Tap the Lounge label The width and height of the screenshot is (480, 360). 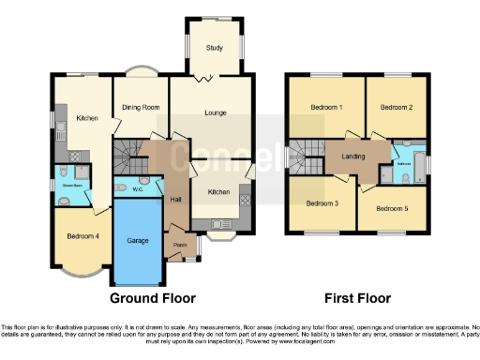coord(217,112)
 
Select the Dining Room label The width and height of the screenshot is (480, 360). coord(141,108)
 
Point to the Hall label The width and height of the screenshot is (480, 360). coord(174,199)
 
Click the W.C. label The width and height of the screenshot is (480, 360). coord(137,188)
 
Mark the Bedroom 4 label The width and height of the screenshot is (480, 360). coord(83,236)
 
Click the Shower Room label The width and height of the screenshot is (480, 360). coord(74,185)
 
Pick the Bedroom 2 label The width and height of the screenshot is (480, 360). coord(397,108)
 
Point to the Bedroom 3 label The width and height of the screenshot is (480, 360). coord(322,202)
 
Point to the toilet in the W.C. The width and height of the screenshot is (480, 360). coord(123,187)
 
